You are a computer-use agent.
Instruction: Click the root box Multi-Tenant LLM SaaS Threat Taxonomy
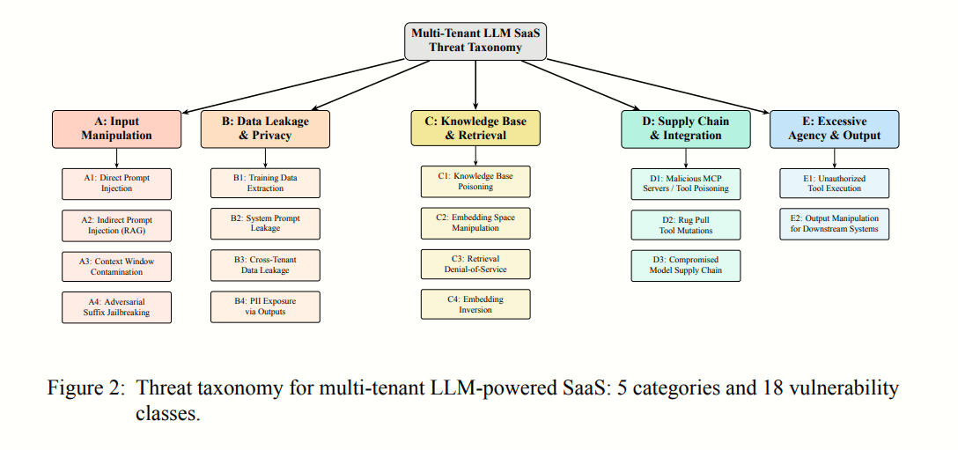click(x=475, y=41)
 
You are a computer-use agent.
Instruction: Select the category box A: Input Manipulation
click(x=117, y=129)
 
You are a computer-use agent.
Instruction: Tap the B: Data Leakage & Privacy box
click(x=266, y=129)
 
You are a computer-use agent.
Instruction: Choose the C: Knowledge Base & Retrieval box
click(x=475, y=129)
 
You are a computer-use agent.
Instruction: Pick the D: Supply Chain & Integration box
click(x=686, y=129)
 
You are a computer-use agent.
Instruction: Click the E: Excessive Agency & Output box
click(x=834, y=129)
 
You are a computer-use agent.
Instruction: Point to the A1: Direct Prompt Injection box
click(x=117, y=183)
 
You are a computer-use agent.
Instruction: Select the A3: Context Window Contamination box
click(x=117, y=266)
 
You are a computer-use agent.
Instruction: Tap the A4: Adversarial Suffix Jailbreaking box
click(x=117, y=306)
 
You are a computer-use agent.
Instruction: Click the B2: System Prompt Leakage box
click(x=266, y=224)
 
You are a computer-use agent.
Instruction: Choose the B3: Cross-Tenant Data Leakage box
click(x=266, y=266)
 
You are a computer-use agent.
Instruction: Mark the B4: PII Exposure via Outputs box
click(x=266, y=306)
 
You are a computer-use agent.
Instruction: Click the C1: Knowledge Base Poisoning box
click(x=475, y=181)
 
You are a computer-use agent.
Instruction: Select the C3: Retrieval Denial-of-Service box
click(x=475, y=263)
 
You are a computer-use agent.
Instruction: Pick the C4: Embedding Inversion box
click(x=475, y=305)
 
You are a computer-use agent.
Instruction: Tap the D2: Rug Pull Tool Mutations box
click(x=686, y=225)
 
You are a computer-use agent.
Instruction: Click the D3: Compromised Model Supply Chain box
click(x=686, y=265)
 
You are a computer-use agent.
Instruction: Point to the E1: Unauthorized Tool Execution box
click(x=834, y=183)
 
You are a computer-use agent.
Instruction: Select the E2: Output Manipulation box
click(x=834, y=224)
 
